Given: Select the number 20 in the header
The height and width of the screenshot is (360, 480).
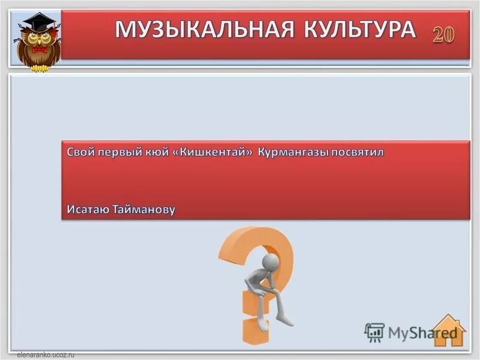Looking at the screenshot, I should pos(444,34).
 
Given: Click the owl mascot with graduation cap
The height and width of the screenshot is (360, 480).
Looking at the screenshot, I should pos(38,42).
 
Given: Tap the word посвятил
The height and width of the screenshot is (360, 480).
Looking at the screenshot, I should pos(358,152).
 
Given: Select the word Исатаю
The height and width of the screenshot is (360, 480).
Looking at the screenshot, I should pos(88,209).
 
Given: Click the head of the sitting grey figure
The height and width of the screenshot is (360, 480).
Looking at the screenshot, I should pos(271,262).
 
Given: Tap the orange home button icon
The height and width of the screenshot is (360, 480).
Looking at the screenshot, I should pos(449,331).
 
